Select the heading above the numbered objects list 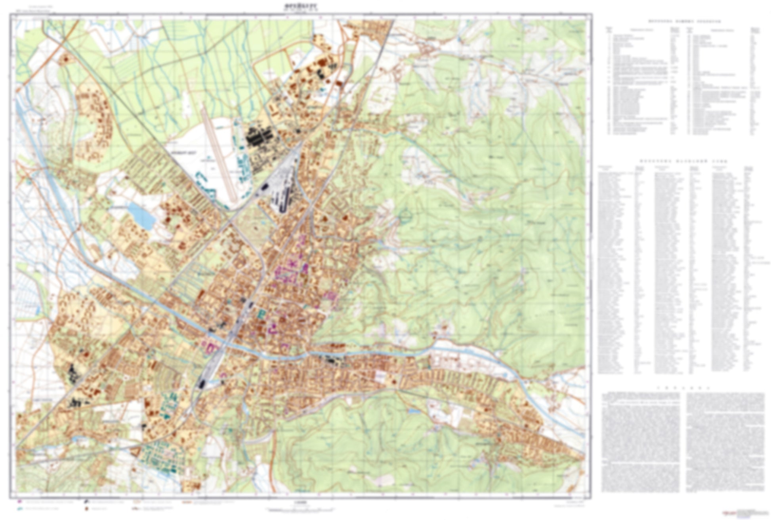684,21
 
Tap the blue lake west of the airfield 141,216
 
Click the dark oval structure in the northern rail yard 264,186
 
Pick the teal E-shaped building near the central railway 262,315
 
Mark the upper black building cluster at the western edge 73,374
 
